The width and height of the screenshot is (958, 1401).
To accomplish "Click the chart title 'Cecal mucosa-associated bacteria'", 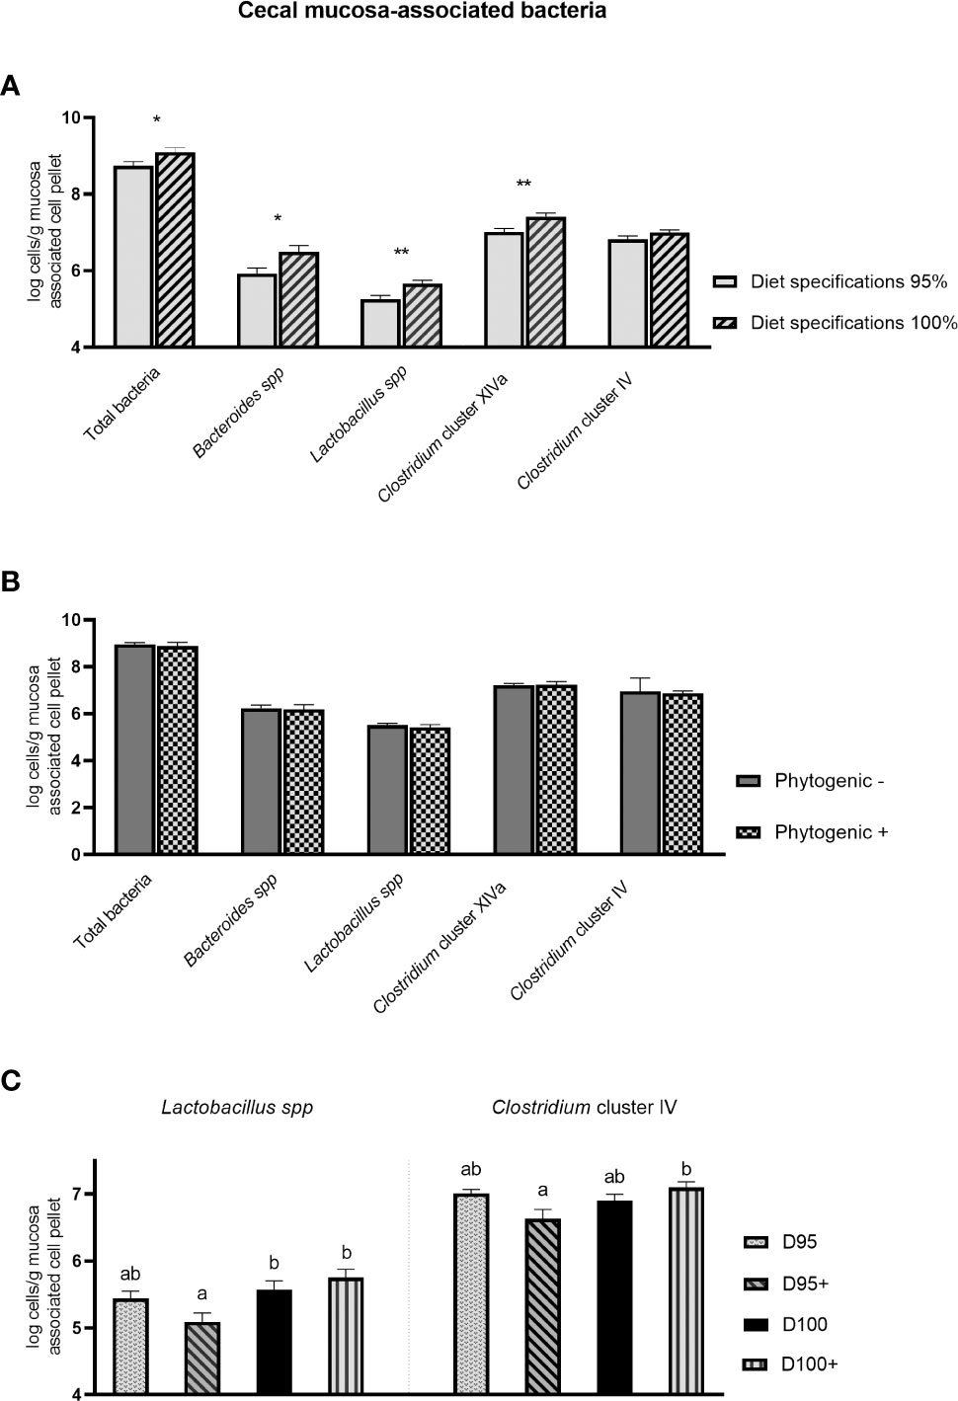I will [422, 12].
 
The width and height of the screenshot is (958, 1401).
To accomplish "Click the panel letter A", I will [11, 86].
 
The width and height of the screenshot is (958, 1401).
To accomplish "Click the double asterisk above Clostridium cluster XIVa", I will [523, 185].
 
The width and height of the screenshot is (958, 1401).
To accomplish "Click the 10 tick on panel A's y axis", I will [72, 117].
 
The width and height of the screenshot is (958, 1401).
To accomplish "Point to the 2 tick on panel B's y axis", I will [75, 808].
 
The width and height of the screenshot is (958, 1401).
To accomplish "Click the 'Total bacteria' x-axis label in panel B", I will [114, 911].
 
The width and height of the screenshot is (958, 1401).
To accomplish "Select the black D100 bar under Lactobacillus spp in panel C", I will [274, 1342].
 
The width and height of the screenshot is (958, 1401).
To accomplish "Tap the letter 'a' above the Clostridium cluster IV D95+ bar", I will [542, 1191].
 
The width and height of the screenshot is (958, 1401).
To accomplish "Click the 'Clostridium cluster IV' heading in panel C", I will [584, 1107].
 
